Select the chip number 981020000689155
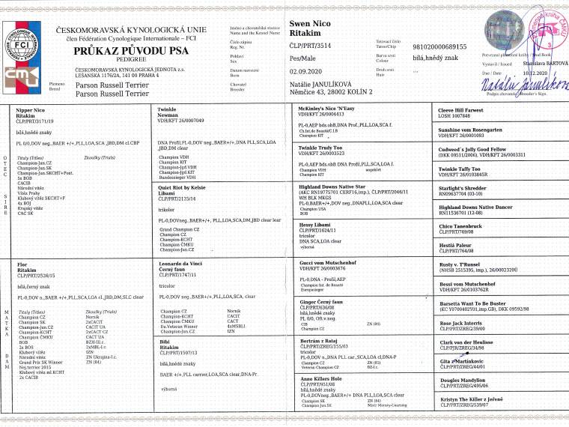tap(445, 46)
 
